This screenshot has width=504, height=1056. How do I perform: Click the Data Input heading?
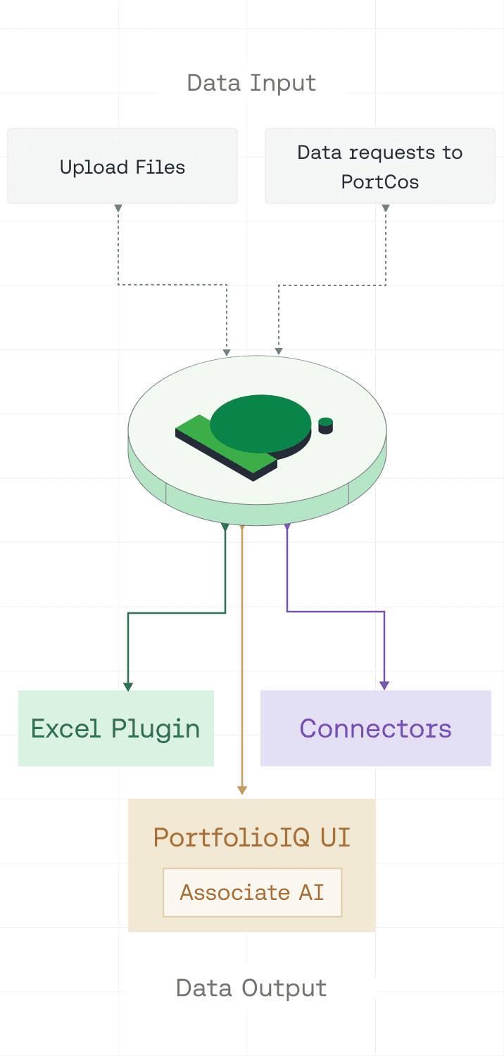coord(251,83)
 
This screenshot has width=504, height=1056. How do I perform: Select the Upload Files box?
coord(122,167)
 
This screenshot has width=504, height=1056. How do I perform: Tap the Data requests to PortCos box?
coord(380,167)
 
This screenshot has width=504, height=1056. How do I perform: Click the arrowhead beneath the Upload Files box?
coord(118,208)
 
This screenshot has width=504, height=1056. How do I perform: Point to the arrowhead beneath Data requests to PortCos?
coord(386,208)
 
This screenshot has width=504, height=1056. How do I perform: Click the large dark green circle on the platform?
coord(260,422)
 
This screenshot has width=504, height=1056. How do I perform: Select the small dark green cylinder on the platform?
coord(325,425)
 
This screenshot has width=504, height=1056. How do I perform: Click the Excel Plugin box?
coord(116,728)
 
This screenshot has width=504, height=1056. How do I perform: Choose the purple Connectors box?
coord(376,728)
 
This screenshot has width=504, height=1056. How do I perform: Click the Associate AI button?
coord(252,892)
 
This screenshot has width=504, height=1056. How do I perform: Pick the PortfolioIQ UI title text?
coord(252,837)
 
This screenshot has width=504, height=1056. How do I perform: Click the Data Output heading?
coord(251,988)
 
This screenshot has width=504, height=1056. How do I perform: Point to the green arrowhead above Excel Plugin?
coord(128,686)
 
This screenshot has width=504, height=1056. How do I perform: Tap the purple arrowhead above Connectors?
coord(384,685)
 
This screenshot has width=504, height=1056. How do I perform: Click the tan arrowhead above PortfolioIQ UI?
coord(242,790)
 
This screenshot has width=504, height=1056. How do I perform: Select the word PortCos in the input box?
coord(380,182)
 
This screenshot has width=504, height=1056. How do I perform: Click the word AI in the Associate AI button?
coord(310,892)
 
